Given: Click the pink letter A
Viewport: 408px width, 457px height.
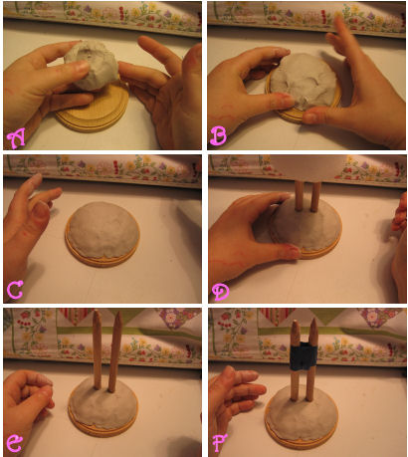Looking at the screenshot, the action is pyautogui.click(x=17, y=139).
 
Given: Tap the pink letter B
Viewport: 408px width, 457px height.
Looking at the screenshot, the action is pyautogui.click(x=219, y=136).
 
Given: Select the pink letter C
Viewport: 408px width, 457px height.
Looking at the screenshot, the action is pyautogui.click(x=15, y=290).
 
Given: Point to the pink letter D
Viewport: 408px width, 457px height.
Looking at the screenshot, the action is pyautogui.click(x=221, y=293).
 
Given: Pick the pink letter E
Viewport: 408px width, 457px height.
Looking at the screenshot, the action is pyautogui.click(x=15, y=443).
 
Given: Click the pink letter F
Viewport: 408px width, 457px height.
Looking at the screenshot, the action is pyautogui.click(x=220, y=443).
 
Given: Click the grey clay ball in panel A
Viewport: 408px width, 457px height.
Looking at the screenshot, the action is pyautogui.click(x=92, y=66).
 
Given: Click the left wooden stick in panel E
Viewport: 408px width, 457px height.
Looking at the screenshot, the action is pyautogui.click(x=98, y=349).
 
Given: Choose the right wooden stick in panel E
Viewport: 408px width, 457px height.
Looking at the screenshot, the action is pyautogui.click(x=114, y=351).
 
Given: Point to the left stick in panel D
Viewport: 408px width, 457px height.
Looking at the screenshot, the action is pyautogui.click(x=299, y=196).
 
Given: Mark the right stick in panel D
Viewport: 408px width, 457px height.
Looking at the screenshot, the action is pyautogui.click(x=315, y=196).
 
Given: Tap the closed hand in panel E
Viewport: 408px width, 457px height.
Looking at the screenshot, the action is pyautogui.click(x=27, y=401).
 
